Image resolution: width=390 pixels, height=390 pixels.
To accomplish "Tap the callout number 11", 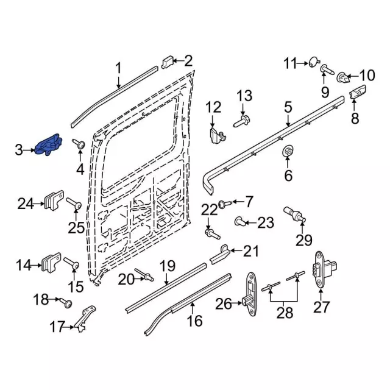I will [x=291, y=63].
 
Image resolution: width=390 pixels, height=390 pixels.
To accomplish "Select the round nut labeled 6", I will [x=287, y=152].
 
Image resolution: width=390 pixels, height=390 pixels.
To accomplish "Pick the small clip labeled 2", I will [x=168, y=62].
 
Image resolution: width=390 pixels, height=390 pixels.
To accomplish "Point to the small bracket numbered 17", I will [x=86, y=317].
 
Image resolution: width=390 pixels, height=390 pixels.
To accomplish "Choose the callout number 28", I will [x=285, y=313].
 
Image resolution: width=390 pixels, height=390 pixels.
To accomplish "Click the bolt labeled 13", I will [x=242, y=121].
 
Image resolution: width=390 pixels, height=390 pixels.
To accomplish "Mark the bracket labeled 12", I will [x=214, y=136].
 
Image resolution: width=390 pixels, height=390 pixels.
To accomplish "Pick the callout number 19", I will [x=168, y=266].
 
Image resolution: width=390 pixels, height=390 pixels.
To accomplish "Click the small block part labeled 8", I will [x=356, y=94].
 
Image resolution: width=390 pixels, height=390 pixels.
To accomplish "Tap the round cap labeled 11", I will [x=313, y=61].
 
